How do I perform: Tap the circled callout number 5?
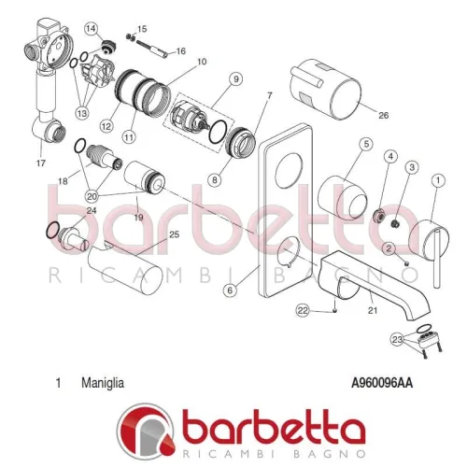pyautogui.click(x=366, y=144)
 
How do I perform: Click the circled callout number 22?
pyautogui.click(x=303, y=309)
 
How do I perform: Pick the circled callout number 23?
pyautogui.click(x=400, y=340)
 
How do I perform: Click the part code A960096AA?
pyautogui.click(x=383, y=382)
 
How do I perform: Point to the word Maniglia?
pyautogui.click(x=103, y=382)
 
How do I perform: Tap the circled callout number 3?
pyautogui.click(x=411, y=166)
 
